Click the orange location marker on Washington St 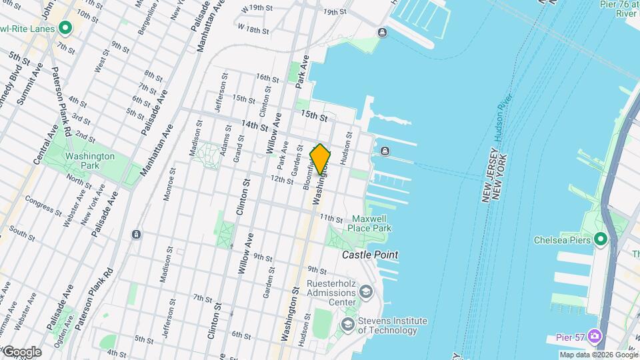(321, 159)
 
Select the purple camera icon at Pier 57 (593, 337)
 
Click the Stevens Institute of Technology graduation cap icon (347, 324)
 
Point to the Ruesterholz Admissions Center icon (365, 291)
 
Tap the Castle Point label (370, 255)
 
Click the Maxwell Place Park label (371, 223)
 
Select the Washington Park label (90, 161)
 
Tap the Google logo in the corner (21, 352)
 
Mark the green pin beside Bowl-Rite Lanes (65, 28)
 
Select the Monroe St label (169, 184)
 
